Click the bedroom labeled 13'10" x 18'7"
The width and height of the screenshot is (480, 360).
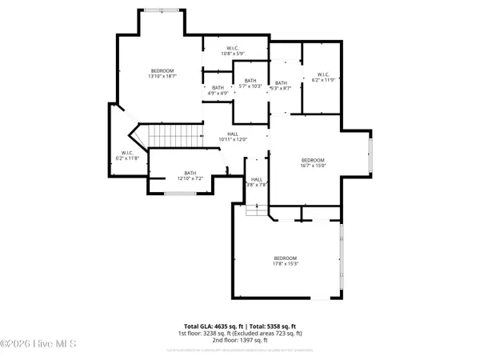click(162, 74)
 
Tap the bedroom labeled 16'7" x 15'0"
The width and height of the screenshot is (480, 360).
click(313, 162)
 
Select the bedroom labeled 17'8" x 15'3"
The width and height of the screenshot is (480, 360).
click(286, 261)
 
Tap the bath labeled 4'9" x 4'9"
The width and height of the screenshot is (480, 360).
click(218, 90)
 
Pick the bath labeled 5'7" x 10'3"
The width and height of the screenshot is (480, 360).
click(250, 83)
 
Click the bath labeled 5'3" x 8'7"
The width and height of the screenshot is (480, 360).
click(281, 86)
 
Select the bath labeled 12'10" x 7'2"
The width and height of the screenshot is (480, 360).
click(190, 175)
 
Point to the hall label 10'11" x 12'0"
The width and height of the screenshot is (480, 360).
click(233, 137)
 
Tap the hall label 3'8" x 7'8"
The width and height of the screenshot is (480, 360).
click(256, 182)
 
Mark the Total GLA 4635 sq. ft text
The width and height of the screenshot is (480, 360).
click(214, 326)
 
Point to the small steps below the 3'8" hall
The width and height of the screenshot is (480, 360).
click(254, 209)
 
